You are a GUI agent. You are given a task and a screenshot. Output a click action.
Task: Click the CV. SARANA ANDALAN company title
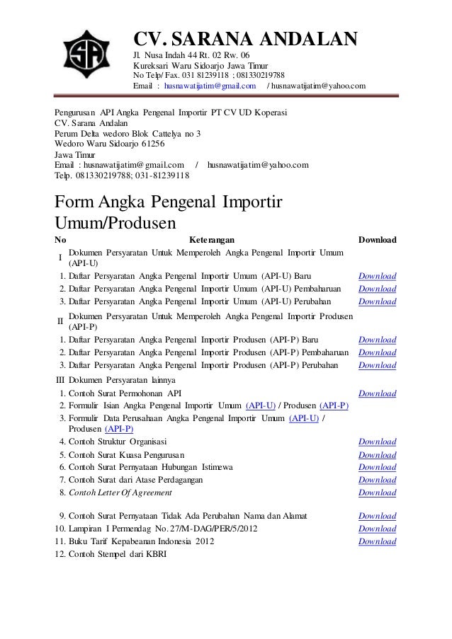point(246,39)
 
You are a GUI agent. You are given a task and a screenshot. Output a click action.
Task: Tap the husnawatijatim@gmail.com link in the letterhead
point(210,86)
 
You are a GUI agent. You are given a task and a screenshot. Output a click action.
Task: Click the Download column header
point(377,240)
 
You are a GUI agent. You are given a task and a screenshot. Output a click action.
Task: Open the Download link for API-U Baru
point(377,276)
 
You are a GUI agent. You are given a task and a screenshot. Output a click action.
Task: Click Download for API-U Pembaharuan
point(377,289)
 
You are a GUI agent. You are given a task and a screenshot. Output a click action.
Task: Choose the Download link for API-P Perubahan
point(377,365)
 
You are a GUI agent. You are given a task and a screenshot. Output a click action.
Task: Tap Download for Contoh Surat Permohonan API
point(377,393)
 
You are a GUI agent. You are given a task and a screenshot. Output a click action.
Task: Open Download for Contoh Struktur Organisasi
point(377,442)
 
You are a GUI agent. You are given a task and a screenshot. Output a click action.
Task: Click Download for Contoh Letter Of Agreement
point(377,492)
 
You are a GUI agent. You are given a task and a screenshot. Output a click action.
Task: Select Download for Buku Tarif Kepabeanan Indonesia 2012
point(377,541)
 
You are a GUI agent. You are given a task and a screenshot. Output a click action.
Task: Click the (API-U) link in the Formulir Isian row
point(261,405)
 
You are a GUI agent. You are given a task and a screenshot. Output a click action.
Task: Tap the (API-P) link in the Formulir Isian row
point(334,405)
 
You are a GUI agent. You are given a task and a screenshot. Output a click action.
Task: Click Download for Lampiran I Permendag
point(377,529)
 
